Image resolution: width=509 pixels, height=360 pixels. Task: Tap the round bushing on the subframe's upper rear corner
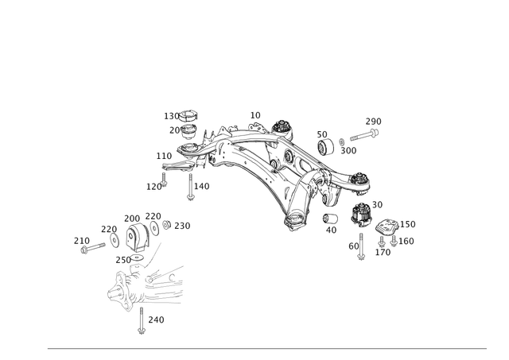[280, 130]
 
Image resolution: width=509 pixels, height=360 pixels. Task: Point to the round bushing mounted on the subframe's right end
[361, 183]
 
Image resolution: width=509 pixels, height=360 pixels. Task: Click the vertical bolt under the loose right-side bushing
[361, 246]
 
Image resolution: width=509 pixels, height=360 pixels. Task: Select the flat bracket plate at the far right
[388, 231]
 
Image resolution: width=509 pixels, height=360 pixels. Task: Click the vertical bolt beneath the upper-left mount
[188, 188]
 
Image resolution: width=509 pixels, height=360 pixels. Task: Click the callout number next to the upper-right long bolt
[373, 120]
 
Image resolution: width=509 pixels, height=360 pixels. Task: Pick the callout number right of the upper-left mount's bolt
[204, 185]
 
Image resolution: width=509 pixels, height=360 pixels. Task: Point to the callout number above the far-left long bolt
[80, 238]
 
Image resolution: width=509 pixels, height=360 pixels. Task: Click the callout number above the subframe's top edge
[254, 115]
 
